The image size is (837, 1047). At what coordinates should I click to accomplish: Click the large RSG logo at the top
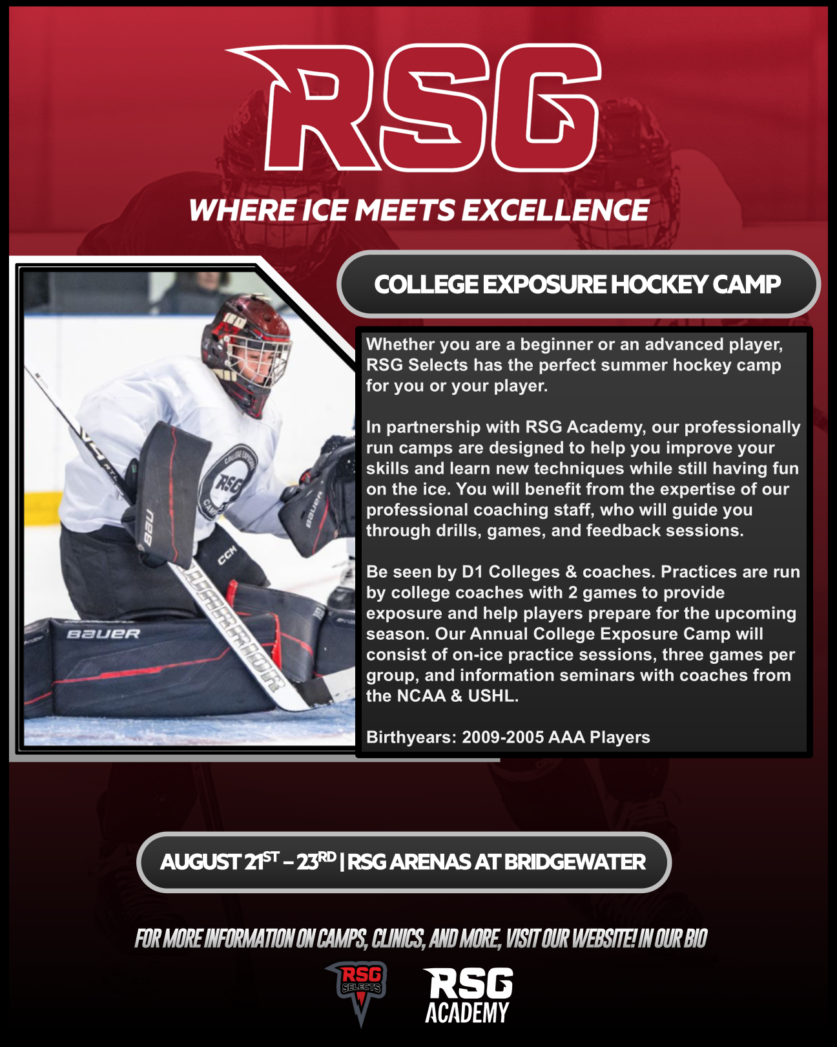(x=413, y=108)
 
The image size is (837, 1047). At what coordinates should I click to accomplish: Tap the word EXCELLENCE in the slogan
(x=555, y=210)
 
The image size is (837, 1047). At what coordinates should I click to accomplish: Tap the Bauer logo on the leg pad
(x=103, y=633)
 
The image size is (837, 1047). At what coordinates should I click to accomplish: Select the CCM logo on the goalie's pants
(x=227, y=555)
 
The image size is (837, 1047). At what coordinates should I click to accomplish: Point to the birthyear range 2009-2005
(x=503, y=737)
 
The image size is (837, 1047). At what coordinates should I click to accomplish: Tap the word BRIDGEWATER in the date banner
(x=575, y=862)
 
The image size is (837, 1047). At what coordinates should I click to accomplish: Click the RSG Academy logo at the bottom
(x=468, y=995)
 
